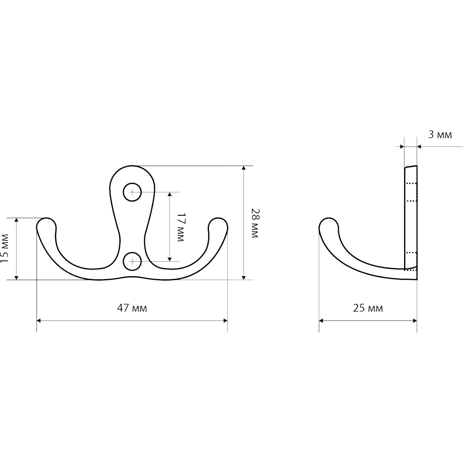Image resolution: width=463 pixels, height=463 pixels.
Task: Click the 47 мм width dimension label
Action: [132, 308]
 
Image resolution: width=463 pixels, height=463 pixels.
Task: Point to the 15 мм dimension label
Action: [4, 248]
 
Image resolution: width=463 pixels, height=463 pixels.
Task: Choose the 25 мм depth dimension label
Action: [368, 308]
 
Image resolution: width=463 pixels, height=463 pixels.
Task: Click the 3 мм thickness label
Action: [440, 135]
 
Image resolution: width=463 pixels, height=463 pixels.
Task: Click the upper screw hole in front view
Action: [132, 192]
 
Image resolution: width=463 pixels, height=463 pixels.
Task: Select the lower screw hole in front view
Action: [132, 261]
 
